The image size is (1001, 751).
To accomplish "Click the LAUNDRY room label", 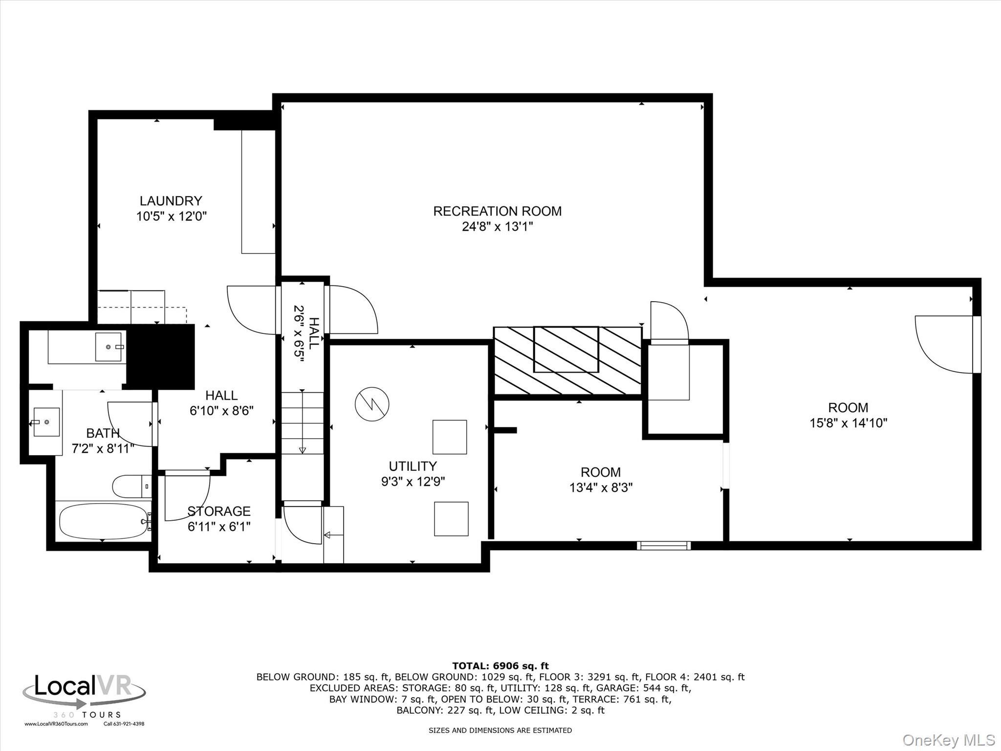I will click(x=171, y=200).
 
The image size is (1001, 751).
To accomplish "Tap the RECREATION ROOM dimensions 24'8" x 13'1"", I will click(x=497, y=226).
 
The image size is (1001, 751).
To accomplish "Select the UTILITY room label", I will click(x=413, y=466).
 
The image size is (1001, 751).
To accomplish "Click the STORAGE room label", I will click(x=219, y=511).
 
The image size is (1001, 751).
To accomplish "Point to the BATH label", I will click(x=103, y=433).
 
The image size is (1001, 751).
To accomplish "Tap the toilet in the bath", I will click(x=131, y=486).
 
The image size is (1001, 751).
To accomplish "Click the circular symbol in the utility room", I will click(x=372, y=404).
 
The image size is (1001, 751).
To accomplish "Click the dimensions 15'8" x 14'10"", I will click(x=848, y=423).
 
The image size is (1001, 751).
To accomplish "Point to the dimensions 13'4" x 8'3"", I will click(x=601, y=487).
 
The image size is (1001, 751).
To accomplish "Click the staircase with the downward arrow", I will click(x=302, y=423).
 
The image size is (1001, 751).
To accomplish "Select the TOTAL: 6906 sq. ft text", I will click(x=500, y=666).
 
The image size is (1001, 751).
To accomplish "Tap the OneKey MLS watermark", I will click(x=949, y=740).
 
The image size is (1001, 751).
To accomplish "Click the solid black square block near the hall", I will click(x=161, y=357).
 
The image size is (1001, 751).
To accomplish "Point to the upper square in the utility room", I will click(x=449, y=437).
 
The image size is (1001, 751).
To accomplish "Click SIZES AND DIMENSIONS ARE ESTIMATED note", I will click(x=500, y=730).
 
